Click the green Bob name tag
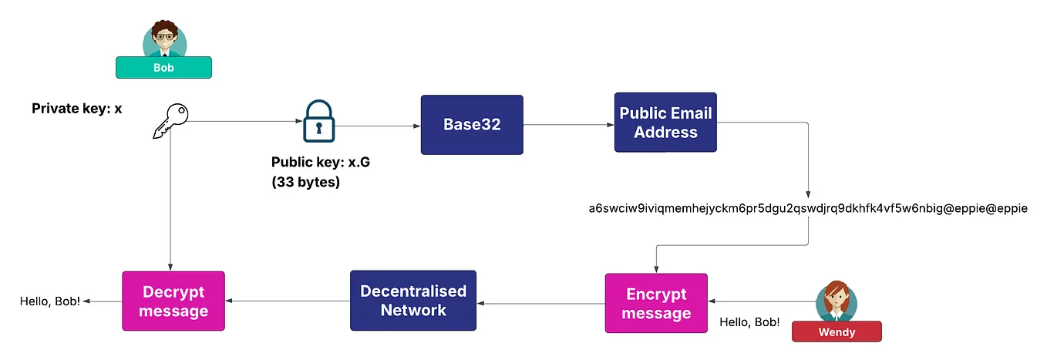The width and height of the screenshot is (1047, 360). tap(163, 68)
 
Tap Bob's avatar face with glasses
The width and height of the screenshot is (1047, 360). tap(163, 36)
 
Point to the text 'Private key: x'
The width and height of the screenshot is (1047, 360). tap(76, 109)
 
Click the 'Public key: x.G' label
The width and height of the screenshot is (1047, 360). tap(321, 163)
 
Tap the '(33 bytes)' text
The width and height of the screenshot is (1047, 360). tap(305, 183)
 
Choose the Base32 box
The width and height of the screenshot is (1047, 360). tap(471, 124)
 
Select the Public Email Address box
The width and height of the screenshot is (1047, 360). tap(665, 123)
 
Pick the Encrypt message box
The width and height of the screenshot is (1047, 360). tap(656, 303)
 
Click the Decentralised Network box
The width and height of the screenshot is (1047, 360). tap(413, 301)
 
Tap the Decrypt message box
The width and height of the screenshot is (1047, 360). tap(173, 301)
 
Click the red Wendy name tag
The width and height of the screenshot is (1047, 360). tap(837, 331)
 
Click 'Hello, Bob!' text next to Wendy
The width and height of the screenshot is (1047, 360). tap(749, 322)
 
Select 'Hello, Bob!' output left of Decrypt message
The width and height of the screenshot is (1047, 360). tap(50, 301)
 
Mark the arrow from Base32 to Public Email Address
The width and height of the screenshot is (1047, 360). tap(568, 123)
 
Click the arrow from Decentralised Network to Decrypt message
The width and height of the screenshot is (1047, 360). tap(287, 301)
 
